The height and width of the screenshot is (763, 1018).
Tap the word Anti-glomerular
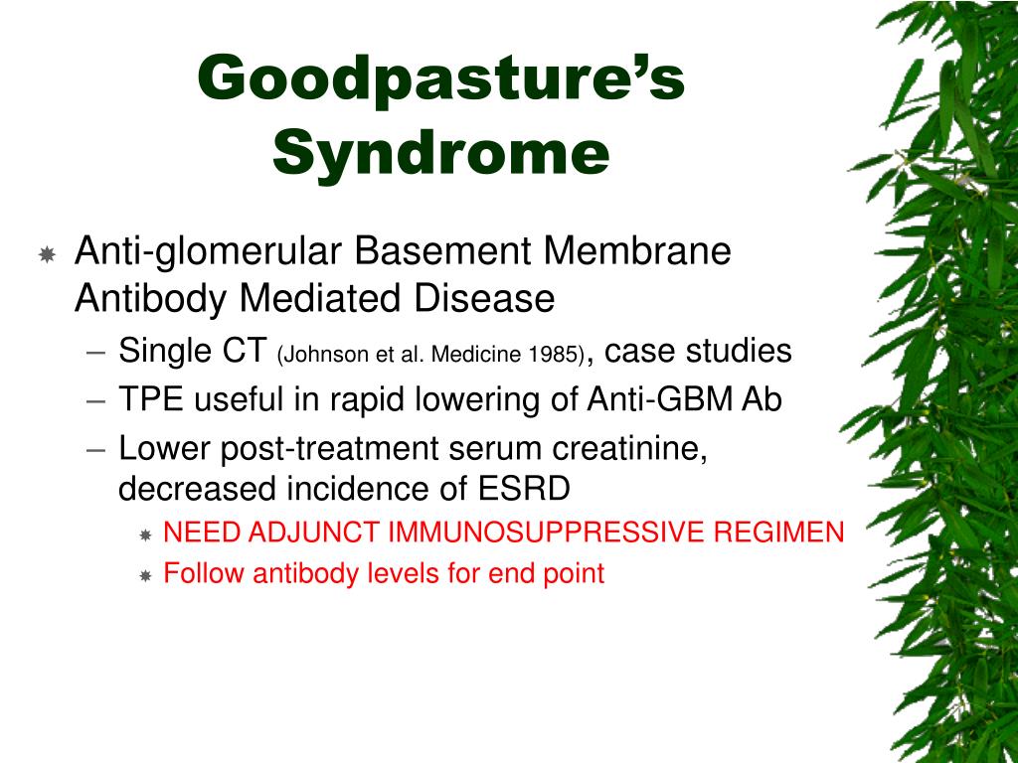(209, 252)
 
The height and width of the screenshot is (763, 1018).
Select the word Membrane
(637, 250)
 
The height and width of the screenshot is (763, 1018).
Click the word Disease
(484, 298)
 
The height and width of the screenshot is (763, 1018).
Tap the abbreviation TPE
(151, 399)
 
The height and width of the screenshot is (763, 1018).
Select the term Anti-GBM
(660, 399)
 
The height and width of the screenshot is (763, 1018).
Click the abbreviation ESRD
(524, 488)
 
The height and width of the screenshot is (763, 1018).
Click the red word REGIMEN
(778, 533)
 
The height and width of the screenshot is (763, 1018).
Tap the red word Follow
(204, 573)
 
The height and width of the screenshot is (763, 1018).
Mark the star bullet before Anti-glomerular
(47, 254)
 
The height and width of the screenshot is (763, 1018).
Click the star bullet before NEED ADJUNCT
(145, 535)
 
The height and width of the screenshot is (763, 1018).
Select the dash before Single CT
(95, 354)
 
